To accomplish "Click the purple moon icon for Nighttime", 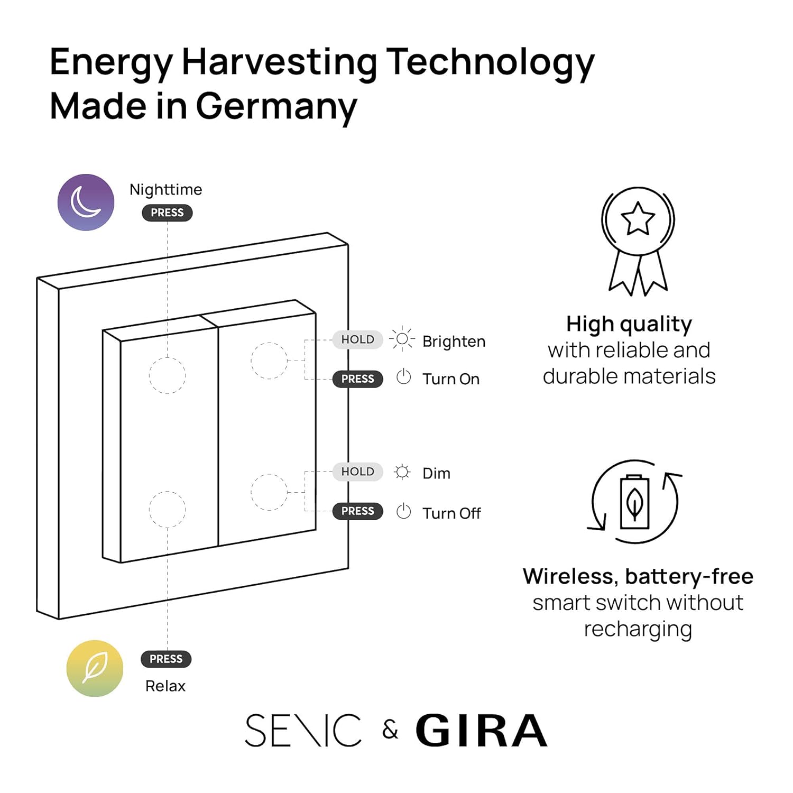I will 86,202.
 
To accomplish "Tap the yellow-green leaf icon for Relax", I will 95,668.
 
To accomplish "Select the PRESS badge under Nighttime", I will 167,213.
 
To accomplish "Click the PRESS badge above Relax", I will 166,659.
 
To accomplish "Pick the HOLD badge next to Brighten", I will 357,339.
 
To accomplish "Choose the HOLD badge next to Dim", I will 357,472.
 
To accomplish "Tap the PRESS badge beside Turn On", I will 357,379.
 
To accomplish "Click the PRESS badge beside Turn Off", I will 357,511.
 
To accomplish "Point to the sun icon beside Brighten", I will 402,339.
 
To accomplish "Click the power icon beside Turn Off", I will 403,511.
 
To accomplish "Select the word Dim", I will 436,473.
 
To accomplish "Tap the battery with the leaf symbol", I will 635,502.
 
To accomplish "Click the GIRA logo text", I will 481,731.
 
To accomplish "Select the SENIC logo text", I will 303,731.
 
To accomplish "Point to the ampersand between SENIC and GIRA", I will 390,731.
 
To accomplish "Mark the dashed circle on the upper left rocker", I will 167,375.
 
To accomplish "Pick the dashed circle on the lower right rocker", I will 269,492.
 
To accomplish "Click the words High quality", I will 629,324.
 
